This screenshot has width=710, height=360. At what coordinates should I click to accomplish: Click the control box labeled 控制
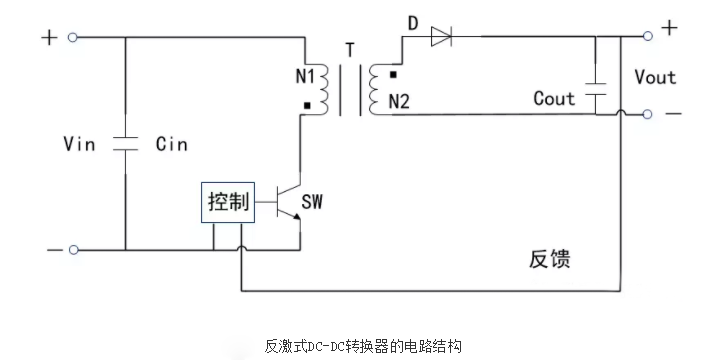(227, 204)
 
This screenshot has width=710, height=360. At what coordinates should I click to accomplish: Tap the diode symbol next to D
(441, 38)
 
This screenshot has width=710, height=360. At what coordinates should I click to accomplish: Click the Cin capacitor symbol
(125, 143)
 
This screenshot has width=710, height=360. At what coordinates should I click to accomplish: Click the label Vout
(655, 77)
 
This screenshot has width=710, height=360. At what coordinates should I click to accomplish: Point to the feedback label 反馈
(549, 259)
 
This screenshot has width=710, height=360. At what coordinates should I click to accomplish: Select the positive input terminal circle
(72, 38)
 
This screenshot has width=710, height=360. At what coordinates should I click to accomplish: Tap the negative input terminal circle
(72, 249)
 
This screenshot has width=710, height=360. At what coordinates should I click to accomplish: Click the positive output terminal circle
(648, 36)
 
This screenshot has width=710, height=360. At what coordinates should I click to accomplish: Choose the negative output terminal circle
(648, 114)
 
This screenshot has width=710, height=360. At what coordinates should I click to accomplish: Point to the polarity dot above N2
(394, 75)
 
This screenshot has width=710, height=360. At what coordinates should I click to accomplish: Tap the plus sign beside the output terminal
(669, 28)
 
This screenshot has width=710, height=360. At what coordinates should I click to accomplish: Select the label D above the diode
(411, 22)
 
